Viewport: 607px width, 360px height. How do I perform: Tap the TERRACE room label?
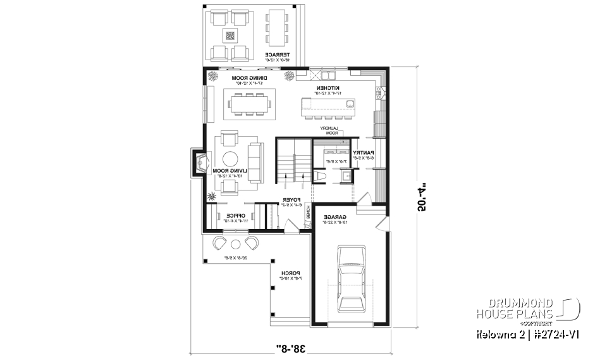click(277, 55)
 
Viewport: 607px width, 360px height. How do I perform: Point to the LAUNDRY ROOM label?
click(333, 130)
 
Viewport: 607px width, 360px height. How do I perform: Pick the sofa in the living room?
click(255, 163)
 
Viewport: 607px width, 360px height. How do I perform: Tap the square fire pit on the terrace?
click(230, 36)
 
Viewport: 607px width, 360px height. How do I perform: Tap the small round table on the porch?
click(235, 244)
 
